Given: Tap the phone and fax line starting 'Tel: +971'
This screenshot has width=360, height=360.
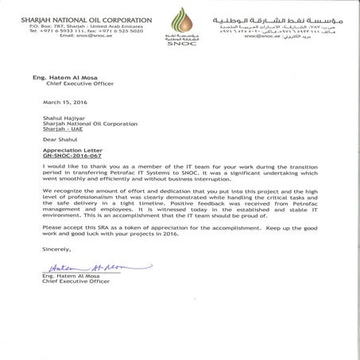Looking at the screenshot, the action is click(63, 30).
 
